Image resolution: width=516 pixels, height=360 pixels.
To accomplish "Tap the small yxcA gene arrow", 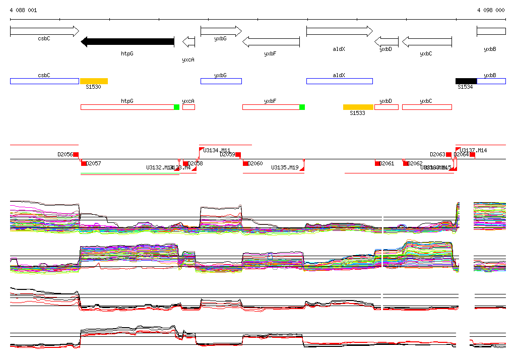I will point(188,41).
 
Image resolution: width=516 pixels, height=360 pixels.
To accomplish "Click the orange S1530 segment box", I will point(94,81).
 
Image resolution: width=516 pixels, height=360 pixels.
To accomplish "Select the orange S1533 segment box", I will point(358,107).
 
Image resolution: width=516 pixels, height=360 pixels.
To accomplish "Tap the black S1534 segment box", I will point(466,81).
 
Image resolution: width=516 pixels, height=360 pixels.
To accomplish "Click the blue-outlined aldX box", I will point(339,81).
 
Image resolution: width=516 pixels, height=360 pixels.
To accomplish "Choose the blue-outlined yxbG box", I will point(221,81).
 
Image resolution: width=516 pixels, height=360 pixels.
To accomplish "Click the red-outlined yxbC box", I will point(426,107).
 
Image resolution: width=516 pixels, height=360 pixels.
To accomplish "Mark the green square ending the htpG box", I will point(176,107).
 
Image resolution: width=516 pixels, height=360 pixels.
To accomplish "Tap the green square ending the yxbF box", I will point(302,107).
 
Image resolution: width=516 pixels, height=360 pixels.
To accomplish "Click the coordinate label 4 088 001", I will point(23,10).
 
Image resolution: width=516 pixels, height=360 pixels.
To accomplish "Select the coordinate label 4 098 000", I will point(491,10).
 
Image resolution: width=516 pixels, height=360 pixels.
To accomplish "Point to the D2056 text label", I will point(65,155).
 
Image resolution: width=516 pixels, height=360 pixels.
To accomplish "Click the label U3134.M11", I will point(217,150).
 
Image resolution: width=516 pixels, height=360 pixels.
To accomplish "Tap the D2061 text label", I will point(387,163).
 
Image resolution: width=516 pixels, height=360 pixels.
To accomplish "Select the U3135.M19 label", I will point(285,167).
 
